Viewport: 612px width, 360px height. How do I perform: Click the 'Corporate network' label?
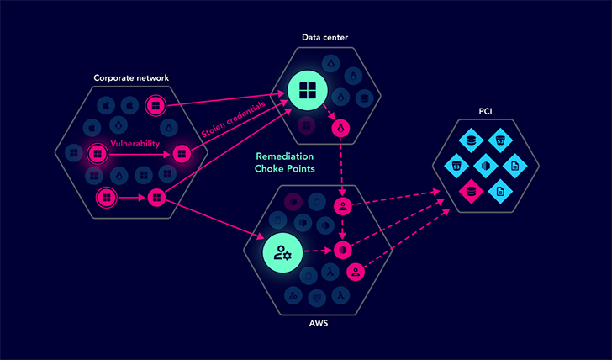131,78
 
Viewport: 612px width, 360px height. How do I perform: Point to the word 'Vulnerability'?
135,144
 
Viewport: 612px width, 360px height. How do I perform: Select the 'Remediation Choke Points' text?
286,162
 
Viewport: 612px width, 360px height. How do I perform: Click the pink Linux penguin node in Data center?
340,128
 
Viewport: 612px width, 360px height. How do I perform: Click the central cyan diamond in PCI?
486,165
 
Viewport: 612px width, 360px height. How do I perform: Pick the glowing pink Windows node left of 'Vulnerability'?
98,154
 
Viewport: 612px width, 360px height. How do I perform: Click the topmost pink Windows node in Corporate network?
154,105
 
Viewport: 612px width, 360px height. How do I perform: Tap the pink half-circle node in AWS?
342,250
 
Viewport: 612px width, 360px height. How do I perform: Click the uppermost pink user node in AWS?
342,206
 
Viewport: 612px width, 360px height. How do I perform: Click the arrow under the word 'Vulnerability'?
139,155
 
